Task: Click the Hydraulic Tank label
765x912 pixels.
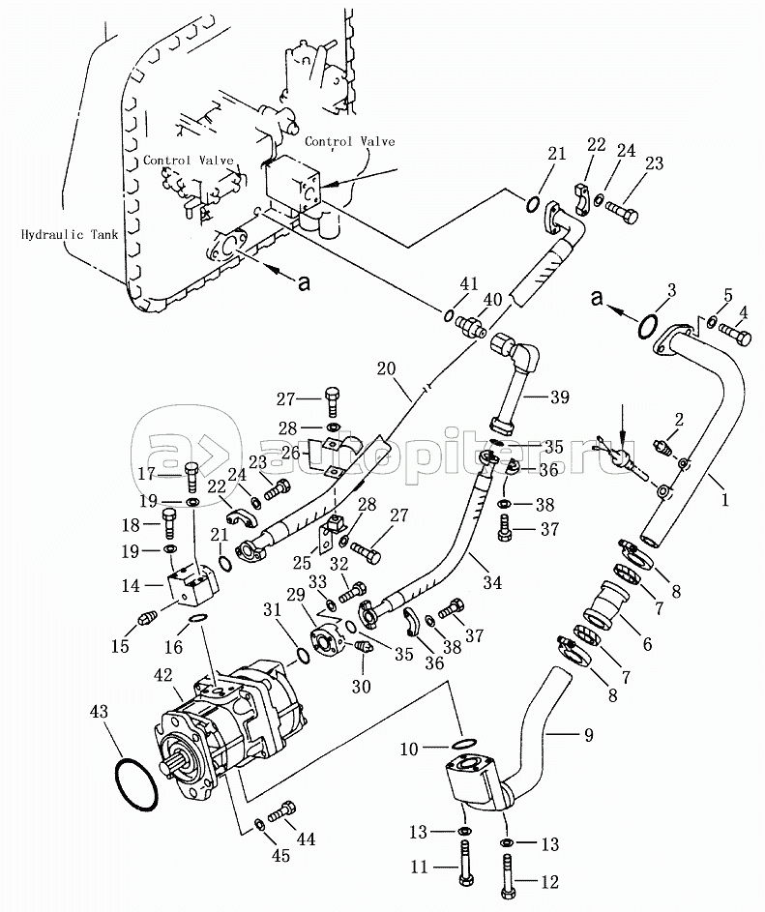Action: (70, 235)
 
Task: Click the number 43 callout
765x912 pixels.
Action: (99, 712)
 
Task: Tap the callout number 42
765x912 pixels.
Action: (164, 675)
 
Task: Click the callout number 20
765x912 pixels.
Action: (386, 368)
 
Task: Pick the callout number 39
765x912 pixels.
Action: (560, 397)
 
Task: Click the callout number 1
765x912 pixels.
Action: (724, 499)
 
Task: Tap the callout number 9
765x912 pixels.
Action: (589, 735)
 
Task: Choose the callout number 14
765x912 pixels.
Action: (131, 586)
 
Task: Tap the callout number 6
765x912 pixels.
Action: (647, 644)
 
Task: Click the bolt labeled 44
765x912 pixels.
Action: (282, 812)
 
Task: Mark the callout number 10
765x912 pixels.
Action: (409, 750)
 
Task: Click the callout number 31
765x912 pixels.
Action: (272, 609)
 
